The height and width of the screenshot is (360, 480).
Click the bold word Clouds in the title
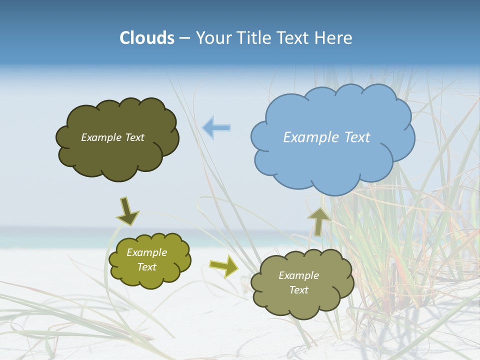(x=147, y=38)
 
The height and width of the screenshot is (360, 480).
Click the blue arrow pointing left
(x=216, y=128)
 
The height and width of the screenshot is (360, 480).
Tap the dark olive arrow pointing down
(x=127, y=211)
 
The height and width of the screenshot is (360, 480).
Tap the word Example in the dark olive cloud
(x=101, y=137)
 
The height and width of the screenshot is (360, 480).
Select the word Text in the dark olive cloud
(x=134, y=137)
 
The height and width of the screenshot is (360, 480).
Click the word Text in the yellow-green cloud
(x=147, y=267)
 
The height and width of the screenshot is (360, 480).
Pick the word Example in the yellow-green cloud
(x=147, y=252)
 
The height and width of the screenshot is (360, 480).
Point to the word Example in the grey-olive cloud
(x=298, y=275)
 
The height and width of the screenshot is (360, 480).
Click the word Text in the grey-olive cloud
(x=298, y=290)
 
